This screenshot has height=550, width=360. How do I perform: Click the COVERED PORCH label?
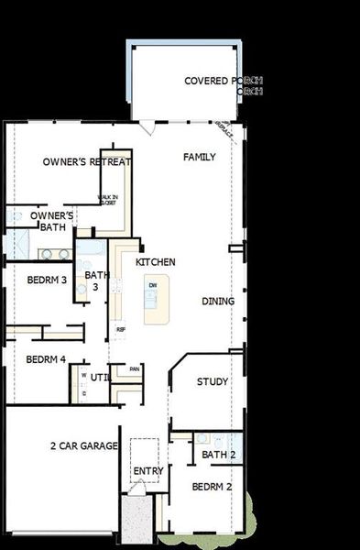click(224, 81)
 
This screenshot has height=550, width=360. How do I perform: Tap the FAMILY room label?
click(199, 157)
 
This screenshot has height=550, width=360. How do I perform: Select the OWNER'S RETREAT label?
click(87, 162)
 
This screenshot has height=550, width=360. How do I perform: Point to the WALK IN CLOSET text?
click(108, 199)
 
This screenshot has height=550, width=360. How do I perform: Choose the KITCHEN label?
click(155, 262)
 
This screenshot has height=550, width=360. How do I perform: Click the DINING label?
click(218, 301)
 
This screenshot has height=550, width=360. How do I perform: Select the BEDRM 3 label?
click(47, 280)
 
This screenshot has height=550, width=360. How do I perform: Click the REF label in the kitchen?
click(120, 329)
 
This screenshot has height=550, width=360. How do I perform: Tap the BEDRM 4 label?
click(46, 359)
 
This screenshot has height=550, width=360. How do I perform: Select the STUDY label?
click(213, 381)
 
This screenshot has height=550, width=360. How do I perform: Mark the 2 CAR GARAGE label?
click(83, 445)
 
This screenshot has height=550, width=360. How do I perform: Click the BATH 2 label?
click(219, 455)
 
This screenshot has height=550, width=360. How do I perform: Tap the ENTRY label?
click(148, 471)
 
